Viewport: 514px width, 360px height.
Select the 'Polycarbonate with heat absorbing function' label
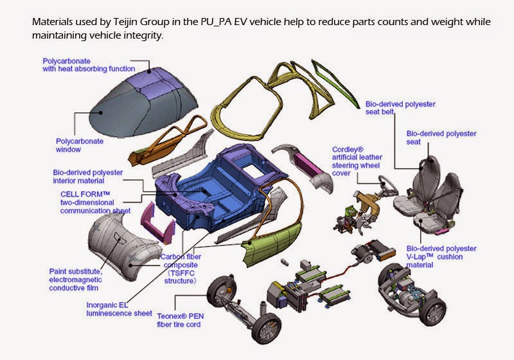click(x=89, y=64)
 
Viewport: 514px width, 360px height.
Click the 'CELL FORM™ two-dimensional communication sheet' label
click(x=96, y=202)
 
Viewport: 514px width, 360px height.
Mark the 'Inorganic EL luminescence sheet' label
click(x=118, y=309)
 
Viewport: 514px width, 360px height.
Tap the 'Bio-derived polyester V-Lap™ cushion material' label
click(x=441, y=256)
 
